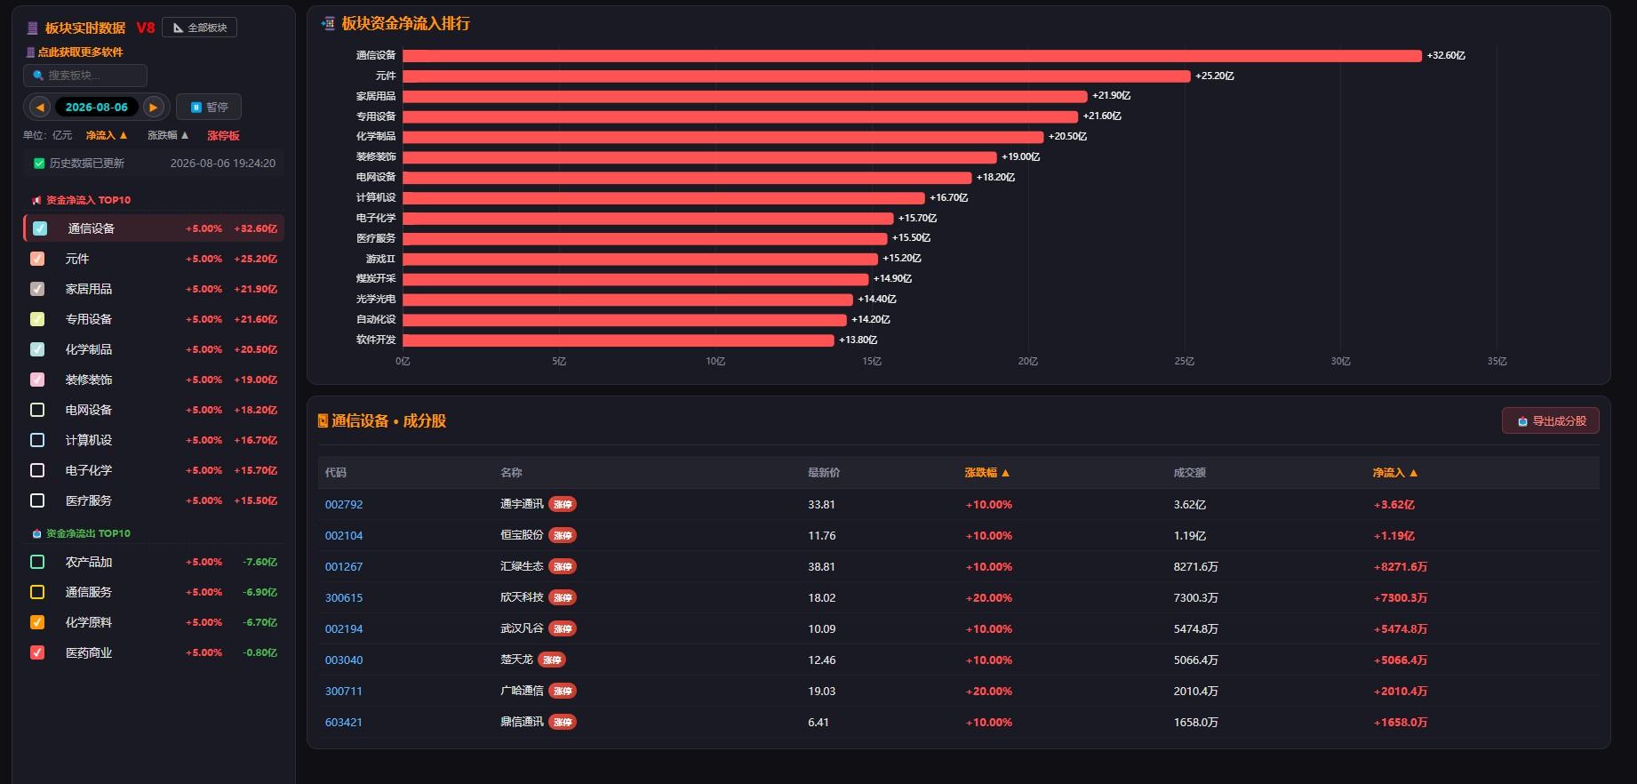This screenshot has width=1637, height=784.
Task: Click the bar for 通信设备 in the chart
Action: (912, 55)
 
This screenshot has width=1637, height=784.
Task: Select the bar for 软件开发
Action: (619, 340)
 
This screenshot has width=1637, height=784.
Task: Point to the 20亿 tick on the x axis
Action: (1028, 361)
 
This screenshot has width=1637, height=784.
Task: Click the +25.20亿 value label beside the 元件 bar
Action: (1215, 76)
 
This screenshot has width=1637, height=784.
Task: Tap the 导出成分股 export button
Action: (1551, 420)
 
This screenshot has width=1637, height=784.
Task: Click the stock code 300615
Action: (344, 597)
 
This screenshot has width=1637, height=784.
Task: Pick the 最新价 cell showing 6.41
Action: (818, 722)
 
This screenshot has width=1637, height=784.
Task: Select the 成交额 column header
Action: (1189, 472)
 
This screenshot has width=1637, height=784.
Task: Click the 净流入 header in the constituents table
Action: (1395, 472)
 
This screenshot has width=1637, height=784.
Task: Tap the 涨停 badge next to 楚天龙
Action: (552, 660)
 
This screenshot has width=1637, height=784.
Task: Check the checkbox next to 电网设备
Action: (37, 410)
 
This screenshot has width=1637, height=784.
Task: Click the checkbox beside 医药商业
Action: (37, 652)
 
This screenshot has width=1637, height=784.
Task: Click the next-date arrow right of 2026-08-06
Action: (154, 107)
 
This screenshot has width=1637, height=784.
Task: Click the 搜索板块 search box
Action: (85, 76)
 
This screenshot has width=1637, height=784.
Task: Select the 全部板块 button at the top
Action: (200, 28)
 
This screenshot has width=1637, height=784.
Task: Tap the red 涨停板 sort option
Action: (223, 135)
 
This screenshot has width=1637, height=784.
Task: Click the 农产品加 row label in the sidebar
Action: (89, 562)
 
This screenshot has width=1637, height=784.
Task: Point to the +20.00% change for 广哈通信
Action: (989, 691)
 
